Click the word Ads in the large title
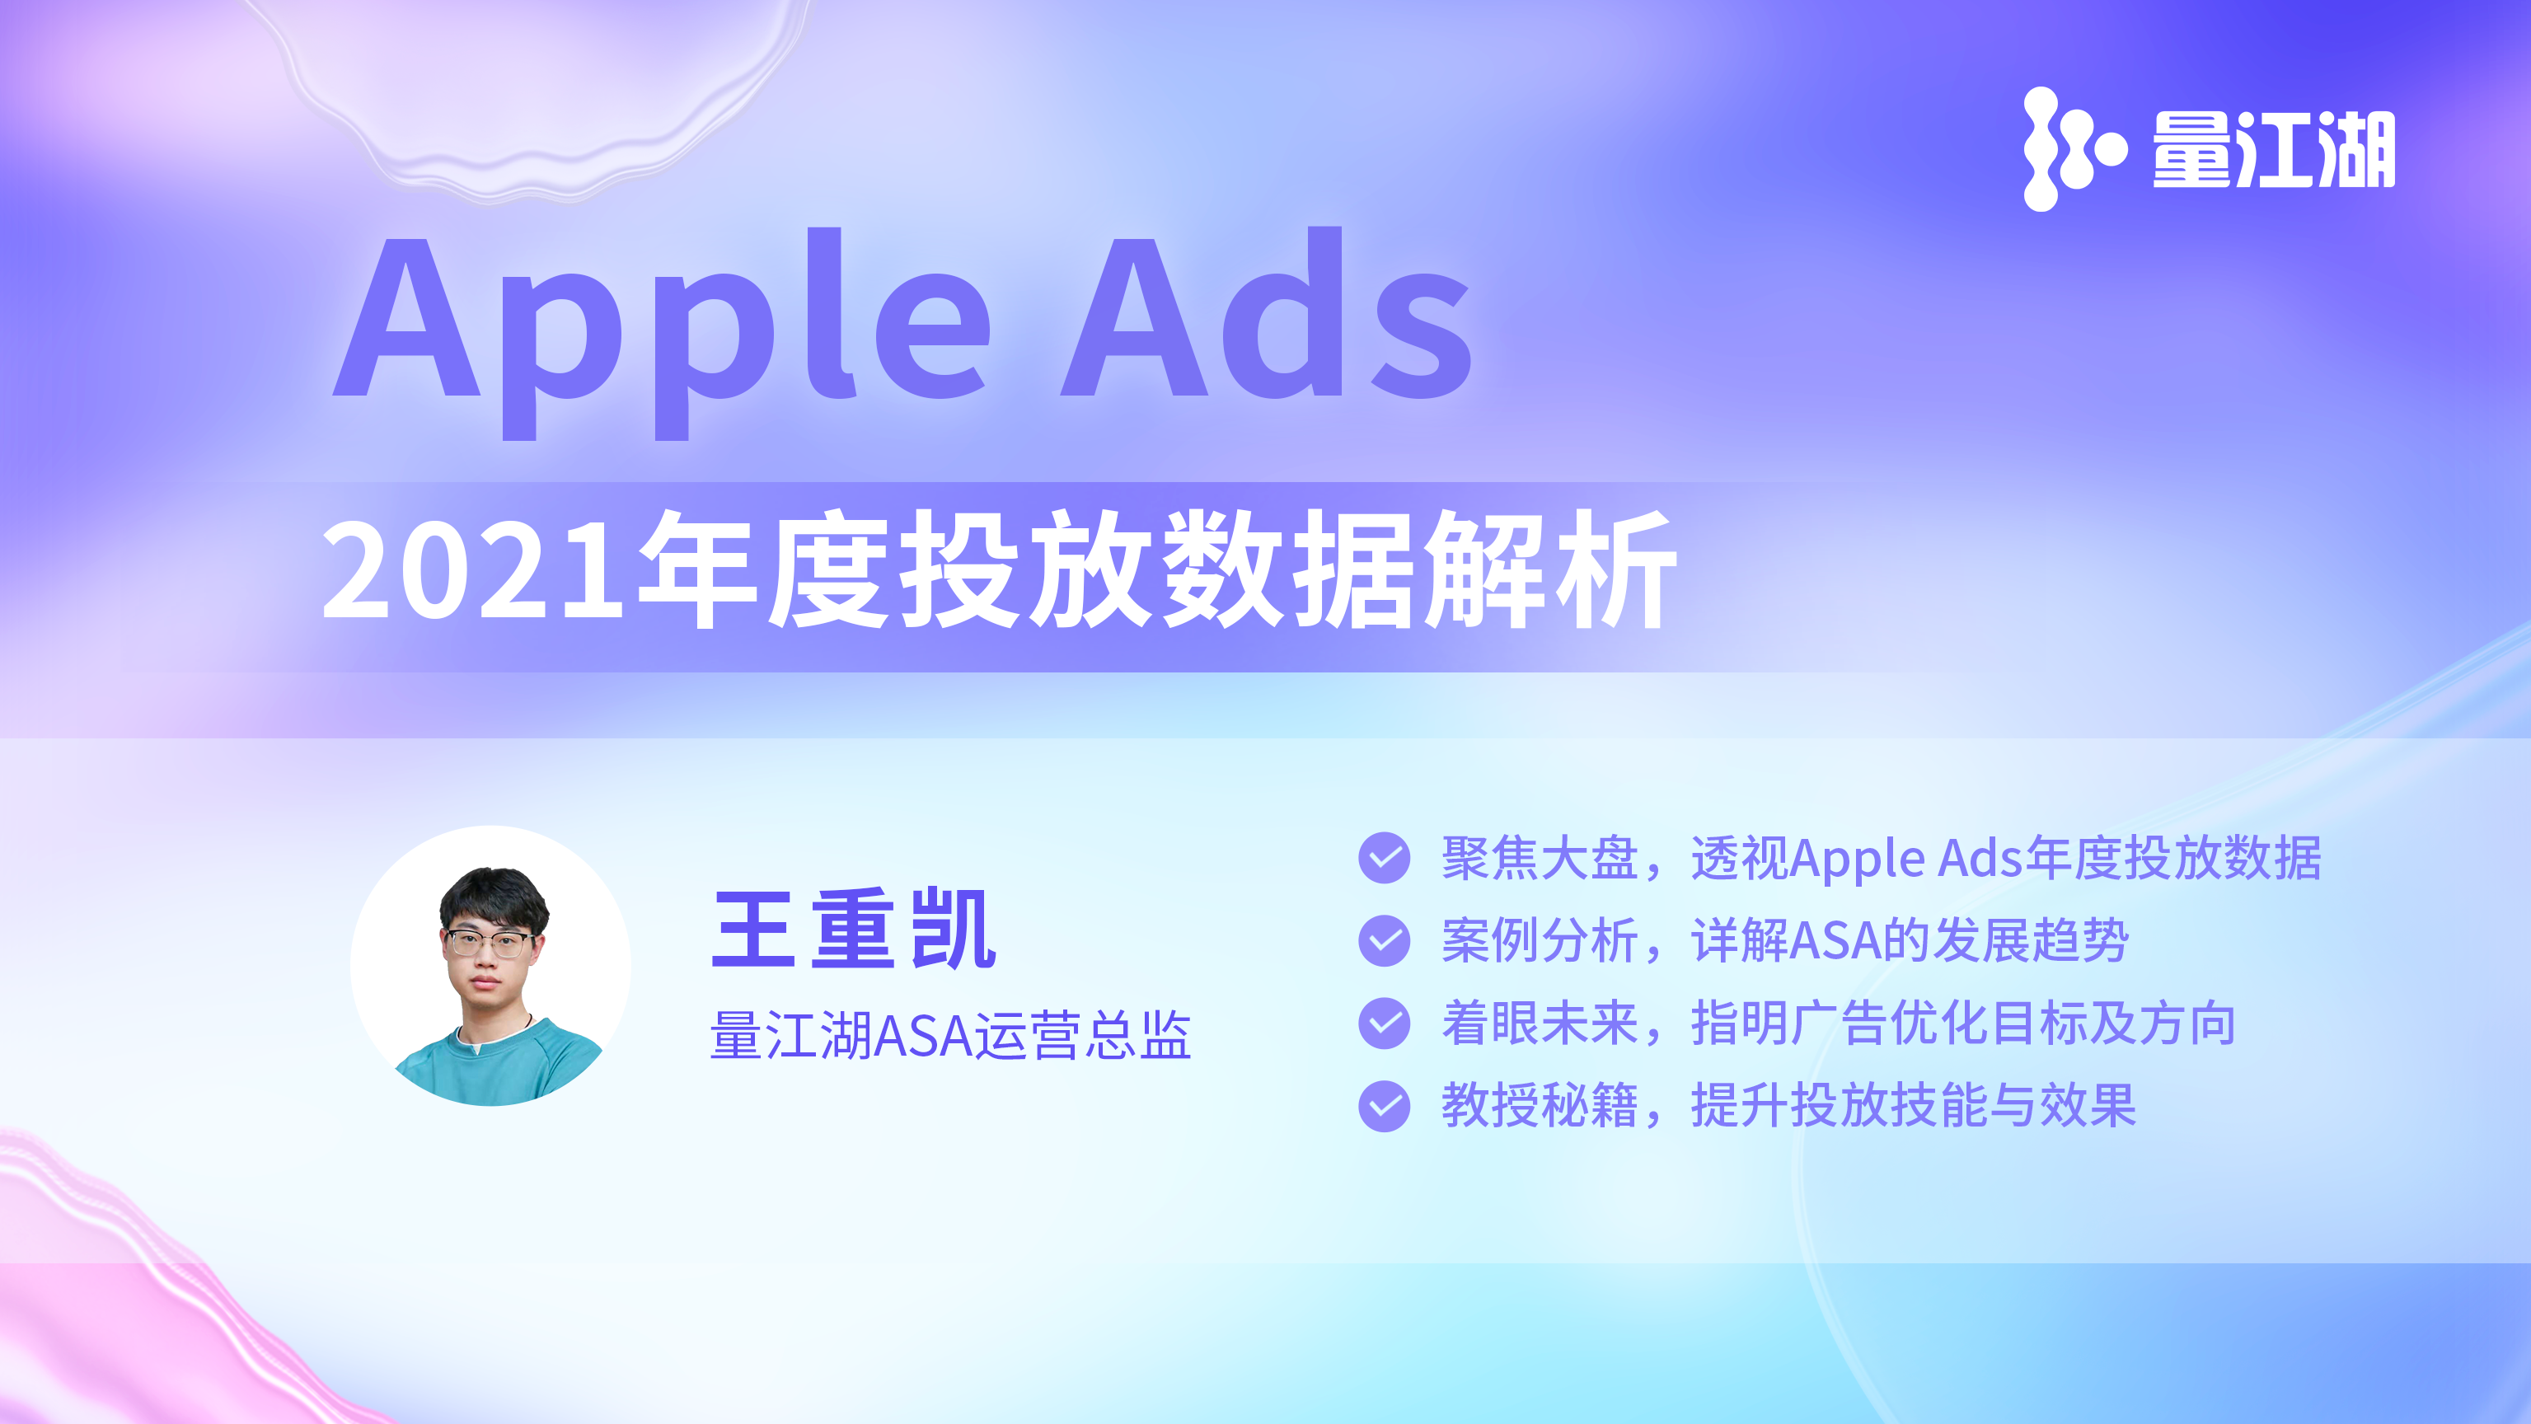pos(1268,312)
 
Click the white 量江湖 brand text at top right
pos(2274,149)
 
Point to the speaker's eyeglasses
pos(489,944)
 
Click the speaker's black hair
pos(493,897)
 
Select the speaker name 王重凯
pos(854,929)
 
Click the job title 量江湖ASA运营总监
pos(950,1035)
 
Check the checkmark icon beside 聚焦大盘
pos(1385,858)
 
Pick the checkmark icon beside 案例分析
pos(1385,940)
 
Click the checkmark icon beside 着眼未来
pos(1385,1023)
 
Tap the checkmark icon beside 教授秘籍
pos(1385,1106)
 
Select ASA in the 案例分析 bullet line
pos(1835,941)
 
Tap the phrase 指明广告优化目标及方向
pos(1963,1023)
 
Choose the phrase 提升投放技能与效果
pos(1913,1106)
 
